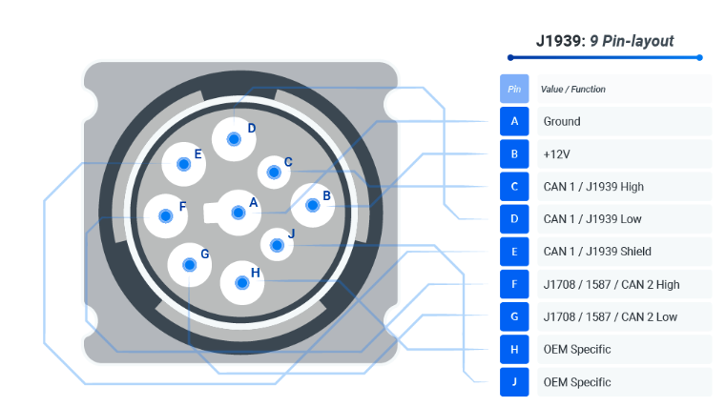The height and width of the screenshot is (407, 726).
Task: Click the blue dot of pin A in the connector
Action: (x=239, y=213)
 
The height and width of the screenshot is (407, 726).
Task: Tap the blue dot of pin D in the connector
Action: (x=234, y=139)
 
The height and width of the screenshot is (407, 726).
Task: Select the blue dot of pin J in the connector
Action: (x=277, y=245)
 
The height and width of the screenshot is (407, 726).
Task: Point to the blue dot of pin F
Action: (x=165, y=216)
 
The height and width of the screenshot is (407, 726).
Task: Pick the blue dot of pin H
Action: (x=241, y=282)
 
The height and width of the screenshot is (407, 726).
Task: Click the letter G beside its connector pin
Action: (x=205, y=254)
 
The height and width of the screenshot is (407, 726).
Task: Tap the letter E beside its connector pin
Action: (x=197, y=154)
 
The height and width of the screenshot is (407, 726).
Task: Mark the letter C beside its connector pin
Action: (x=288, y=162)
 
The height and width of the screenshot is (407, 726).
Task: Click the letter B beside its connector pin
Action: (x=326, y=196)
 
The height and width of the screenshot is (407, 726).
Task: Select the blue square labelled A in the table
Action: (x=514, y=121)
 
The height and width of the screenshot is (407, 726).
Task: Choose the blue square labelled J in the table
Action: (x=514, y=382)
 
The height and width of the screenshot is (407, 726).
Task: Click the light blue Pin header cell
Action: (x=514, y=89)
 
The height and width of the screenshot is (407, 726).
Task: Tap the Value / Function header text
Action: (x=572, y=90)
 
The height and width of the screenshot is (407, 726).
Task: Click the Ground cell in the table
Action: (x=625, y=121)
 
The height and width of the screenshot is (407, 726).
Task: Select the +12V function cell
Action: (x=625, y=154)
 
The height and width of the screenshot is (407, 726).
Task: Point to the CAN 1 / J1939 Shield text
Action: (x=597, y=252)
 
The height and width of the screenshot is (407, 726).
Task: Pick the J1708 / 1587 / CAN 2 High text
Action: (x=612, y=284)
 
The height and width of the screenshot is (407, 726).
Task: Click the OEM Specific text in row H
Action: (x=577, y=350)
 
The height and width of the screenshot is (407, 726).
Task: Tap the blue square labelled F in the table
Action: (x=514, y=284)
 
